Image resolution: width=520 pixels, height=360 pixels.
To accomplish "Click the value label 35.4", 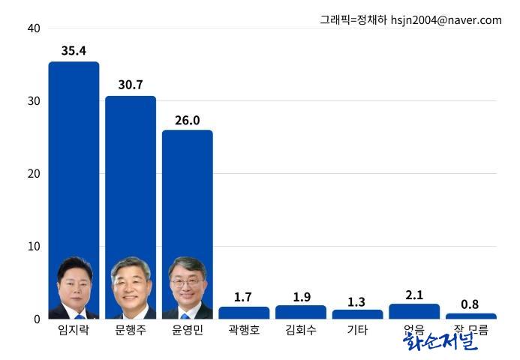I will pos(74,51).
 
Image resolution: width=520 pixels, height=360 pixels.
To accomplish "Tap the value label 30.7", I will pos(131,85).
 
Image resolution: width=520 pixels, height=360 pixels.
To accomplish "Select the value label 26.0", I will pos(187,120).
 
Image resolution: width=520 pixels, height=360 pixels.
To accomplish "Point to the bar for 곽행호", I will pos(244,313).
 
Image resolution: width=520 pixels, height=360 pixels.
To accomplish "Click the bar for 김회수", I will pos(301,312).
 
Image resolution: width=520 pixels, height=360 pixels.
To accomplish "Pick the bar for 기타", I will pos(357,314).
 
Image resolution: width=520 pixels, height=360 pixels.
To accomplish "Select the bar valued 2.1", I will pos(414,311).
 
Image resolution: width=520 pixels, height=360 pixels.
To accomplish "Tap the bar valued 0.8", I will pos(470,316).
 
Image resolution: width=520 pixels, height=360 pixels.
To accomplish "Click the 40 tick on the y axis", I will pos(33,28).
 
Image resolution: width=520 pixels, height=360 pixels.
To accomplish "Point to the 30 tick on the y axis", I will pos(33,101).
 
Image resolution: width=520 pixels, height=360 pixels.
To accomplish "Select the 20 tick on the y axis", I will pos(33,173).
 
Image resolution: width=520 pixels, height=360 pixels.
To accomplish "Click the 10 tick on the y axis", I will pos(33,246).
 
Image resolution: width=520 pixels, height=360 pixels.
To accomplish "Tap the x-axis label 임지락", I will pos(74,330).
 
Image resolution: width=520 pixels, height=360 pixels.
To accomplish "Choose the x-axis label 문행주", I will pos(131,330).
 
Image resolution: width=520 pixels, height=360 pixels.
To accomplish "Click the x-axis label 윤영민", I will pos(187,330).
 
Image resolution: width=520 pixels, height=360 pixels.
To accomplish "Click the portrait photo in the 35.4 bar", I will pos(74,289).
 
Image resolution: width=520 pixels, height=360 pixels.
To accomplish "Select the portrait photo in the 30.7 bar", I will pos(131,289).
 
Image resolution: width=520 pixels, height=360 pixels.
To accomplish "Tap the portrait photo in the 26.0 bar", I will pos(187,289).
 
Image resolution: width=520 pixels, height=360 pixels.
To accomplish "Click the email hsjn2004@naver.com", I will pos(446,20).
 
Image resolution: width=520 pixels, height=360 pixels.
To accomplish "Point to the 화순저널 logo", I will pos(440,341).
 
